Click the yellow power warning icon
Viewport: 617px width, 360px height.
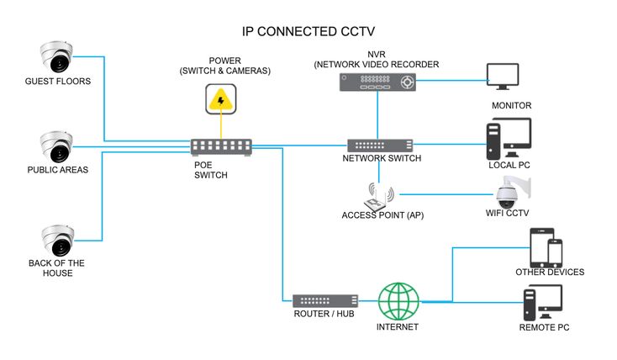coord(221,100)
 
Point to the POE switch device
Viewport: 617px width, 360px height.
coord(221,147)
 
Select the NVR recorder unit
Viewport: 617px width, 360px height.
coord(377,82)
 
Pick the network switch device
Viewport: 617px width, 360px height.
coord(380,145)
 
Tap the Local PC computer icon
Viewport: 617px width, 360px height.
coord(509,138)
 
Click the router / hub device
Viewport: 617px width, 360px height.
coord(324,300)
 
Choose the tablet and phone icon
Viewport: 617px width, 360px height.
coord(546,247)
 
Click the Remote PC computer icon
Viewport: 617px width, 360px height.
coord(542,302)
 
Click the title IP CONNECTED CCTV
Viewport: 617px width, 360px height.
coord(308,32)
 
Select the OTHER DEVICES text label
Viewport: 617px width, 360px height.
coord(550,273)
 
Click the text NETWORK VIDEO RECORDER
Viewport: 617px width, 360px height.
coord(377,64)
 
